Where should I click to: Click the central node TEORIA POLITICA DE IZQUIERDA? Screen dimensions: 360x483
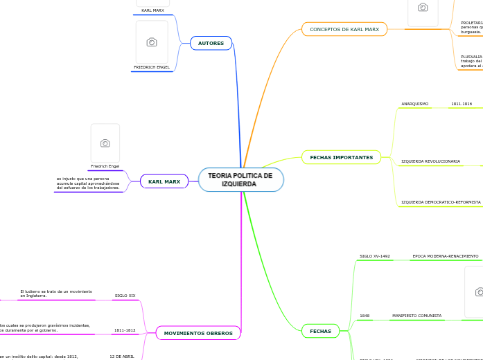click(240, 179)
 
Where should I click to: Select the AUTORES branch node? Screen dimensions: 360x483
click(211, 43)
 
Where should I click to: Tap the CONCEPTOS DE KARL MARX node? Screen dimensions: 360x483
click(344, 29)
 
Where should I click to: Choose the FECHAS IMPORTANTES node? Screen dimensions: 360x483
click(341, 157)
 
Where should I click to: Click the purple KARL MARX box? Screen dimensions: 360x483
click(164, 181)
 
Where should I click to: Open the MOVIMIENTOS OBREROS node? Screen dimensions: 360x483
click(198, 333)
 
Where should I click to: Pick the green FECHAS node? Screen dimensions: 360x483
click(320, 331)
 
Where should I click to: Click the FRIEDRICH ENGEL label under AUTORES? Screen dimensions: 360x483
click(152, 67)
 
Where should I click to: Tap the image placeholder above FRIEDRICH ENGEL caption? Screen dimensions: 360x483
click(152, 42)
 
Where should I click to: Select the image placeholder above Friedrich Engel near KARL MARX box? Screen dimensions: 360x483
click(105, 143)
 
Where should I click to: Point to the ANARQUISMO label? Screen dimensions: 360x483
click(414, 104)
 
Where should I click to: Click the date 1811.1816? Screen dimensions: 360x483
click(461, 104)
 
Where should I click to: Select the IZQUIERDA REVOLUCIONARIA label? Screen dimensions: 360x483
click(430, 161)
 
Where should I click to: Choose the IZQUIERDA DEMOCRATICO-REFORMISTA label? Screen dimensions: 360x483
click(440, 202)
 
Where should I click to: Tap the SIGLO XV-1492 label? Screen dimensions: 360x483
click(374, 256)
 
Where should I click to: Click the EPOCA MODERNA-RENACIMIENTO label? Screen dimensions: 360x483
click(445, 256)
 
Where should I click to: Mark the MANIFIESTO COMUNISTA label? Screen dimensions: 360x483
click(416, 316)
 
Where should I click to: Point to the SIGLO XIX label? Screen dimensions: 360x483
click(125, 296)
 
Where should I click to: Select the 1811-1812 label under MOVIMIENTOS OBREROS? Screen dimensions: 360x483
click(125, 330)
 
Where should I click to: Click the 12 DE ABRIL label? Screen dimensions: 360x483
click(122, 356)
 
